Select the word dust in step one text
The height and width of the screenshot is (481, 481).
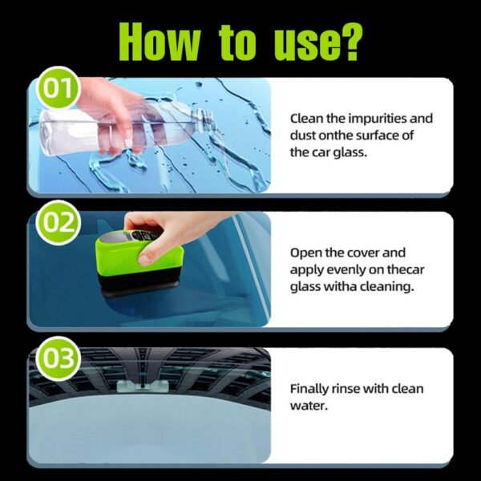pyautogui.click(x=304, y=135)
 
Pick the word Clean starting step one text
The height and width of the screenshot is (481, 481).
pyautogui.click(x=306, y=119)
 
